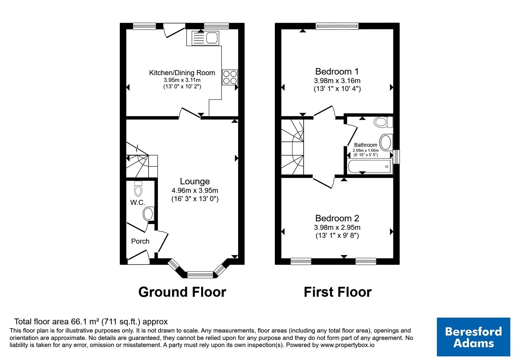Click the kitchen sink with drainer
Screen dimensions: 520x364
pos(205,38)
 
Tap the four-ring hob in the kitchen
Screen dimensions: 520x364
pos(230,77)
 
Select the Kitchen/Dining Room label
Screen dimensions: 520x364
pos(182,73)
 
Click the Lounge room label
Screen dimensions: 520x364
pos(195,181)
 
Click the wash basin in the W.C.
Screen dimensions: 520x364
pos(149,214)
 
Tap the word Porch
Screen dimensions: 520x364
pos(140,241)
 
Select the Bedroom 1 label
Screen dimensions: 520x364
pos(337,71)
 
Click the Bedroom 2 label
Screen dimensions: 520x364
pos(337,218)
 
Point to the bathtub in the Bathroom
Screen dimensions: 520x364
pos(369,166)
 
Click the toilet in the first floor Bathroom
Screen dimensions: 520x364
pos(383,122)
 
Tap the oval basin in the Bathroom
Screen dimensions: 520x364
pos(386,142)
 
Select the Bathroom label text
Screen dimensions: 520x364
pos(366,145)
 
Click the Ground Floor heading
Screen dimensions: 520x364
pos(182,292)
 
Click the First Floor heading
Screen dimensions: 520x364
pos(338,292)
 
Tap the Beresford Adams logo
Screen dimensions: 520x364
pos(474,337)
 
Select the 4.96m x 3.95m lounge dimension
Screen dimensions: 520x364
pos(195,190)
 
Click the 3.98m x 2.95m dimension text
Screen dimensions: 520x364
pos(337,227)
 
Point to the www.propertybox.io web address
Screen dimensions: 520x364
pos(347,345)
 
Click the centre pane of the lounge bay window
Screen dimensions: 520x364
pos(200,275)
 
